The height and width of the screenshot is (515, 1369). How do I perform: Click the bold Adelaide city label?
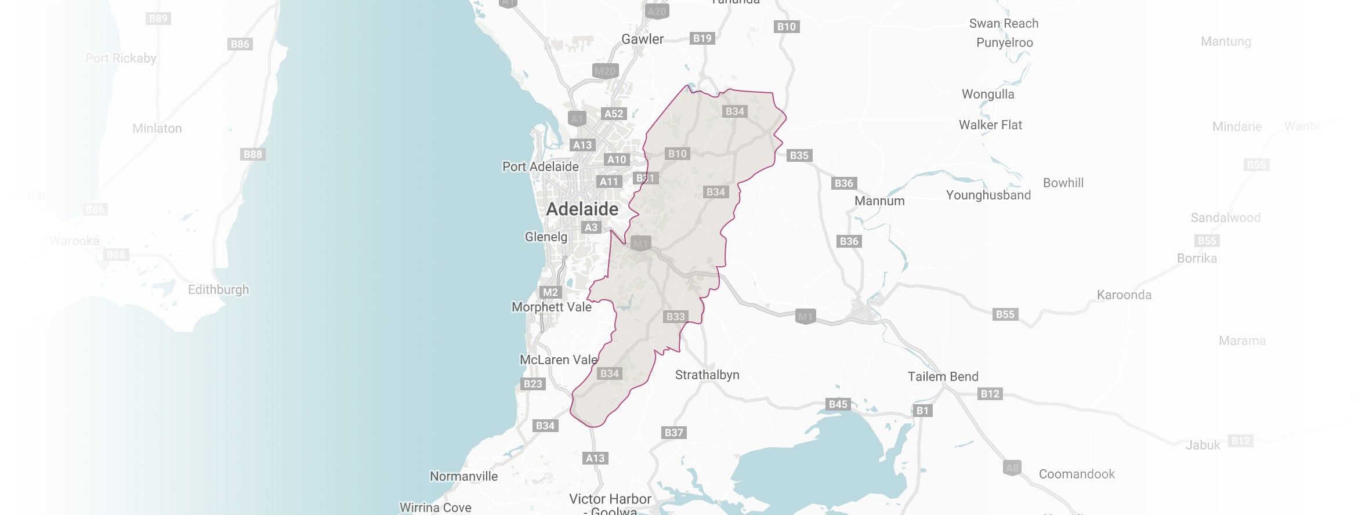pos(582,209)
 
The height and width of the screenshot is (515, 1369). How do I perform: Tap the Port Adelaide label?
pos(540,166)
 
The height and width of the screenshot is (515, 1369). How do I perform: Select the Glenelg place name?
pos(546,237)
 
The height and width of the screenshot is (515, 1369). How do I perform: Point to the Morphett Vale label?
pos(551,307)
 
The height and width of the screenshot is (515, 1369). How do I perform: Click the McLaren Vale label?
pos(558,360)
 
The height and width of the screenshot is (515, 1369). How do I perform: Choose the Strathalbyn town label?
pos(707,375)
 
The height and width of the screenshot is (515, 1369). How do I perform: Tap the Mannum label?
pos(879,201)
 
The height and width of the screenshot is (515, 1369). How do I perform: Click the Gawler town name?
pos(642,39)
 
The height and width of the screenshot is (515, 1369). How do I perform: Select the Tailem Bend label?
pos(943,376)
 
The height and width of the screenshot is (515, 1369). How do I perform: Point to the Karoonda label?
pos(1124,295)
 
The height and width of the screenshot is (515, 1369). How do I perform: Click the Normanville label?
pos(463,476)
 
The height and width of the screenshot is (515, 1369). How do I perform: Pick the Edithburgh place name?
pos(218,289)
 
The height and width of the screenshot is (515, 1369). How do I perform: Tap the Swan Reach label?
pos(1004,23)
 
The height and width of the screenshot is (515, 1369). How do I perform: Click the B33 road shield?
pos(676,317)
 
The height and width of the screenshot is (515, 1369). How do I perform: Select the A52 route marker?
pos(614,114)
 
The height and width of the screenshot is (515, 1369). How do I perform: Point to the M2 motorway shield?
pos(550,292)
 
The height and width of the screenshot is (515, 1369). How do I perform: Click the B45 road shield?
pos(838,404)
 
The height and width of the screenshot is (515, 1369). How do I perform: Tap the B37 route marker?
pos(674,433)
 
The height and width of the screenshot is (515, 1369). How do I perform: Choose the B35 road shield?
pos(799,155)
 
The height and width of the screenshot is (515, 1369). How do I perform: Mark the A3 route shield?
pos(591,227)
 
